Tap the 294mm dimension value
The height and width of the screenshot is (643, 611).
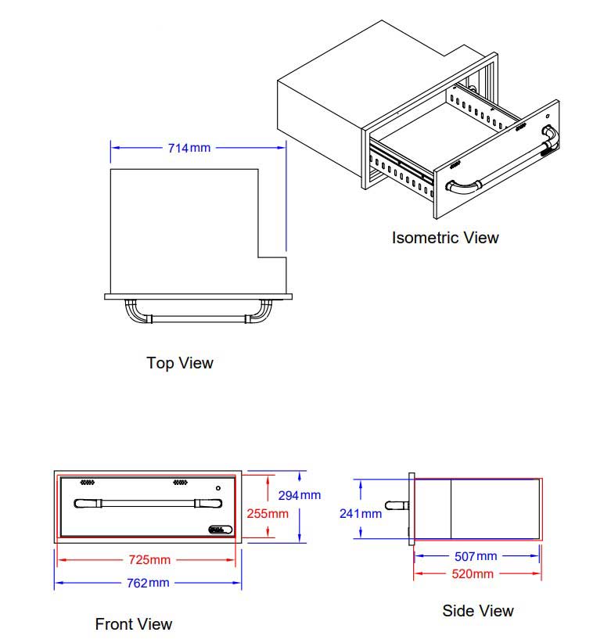tap(300, 495)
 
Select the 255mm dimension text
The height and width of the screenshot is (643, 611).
tap(268, 514)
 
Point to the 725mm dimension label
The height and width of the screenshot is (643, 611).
tap(149, 559)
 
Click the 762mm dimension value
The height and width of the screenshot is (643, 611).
tap(148, 583)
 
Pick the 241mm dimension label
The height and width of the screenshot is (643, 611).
tap(361, 514)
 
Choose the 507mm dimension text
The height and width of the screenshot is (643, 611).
tap(476, 556)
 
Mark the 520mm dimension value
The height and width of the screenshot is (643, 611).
tap(473, 574)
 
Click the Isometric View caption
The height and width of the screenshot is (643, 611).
tap(445, 237)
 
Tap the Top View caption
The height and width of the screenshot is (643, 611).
tap(179, 363)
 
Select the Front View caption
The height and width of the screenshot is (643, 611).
tap(134, 624)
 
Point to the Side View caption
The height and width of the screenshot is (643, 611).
tap(478, 611)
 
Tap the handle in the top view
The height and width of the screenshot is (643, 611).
tap(199, 318)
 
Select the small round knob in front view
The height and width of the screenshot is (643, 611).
tap(217, 489)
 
